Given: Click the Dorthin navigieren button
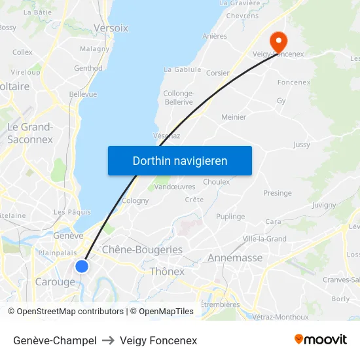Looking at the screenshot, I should tap(179, 160).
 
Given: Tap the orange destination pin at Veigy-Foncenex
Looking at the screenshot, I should tap(278, 42).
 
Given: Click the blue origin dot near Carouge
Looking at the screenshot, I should tap(81, 266).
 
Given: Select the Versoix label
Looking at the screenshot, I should tap(111, 28).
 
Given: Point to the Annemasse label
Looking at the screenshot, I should tap(235, 258).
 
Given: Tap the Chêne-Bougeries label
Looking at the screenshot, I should tap(142, 249).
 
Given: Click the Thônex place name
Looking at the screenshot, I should tap(167, 271).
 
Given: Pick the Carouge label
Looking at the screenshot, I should tap(55, 282).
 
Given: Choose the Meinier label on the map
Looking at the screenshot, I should tap(234, 117).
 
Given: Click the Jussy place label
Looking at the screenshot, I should tap(302, 145).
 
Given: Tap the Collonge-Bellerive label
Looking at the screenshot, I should tap(178, 98).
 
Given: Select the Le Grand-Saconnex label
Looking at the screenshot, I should tap(30, 133).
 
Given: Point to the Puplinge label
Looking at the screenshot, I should tap(230, 217).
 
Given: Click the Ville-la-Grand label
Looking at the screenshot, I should tap(264, 239).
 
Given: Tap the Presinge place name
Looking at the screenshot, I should tap(278, 193).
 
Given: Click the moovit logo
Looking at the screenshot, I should tap(320, 340).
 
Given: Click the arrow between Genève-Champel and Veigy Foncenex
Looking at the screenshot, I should tap(109, 340).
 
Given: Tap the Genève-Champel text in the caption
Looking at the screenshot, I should tap(55, 340).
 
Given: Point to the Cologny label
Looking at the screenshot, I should tap(135, 201).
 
